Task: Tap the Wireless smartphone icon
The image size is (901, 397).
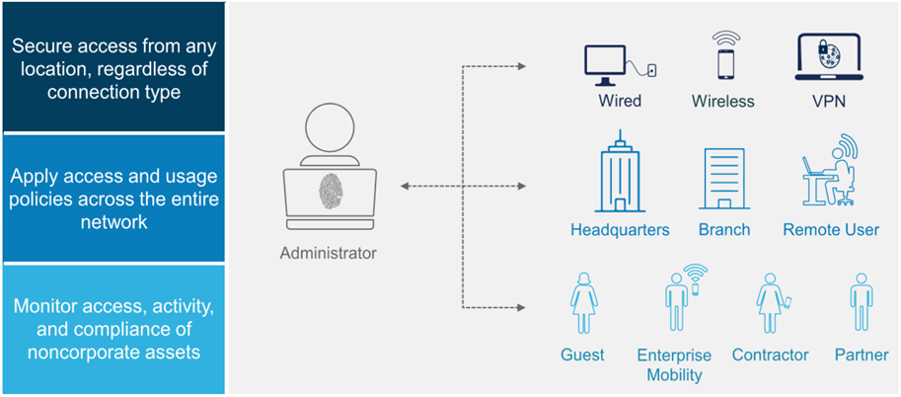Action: pyautogui.click(x=725, y=56)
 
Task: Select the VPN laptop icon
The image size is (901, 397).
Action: pyautogui.click(x=827, y=58)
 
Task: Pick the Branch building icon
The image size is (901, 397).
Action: pyautogui.click(x=724, y=179)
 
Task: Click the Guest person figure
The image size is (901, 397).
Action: pyautogui.click(x=584, y=302)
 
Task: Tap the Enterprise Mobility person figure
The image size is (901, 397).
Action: pyautogui.click(x=685, y=298)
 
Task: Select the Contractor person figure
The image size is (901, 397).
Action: pyautogui.click(x=773, y=302)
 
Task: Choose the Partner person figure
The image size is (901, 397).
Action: pyautogui.click(x=861, y=302)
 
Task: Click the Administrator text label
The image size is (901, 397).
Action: pyautogui.click(x=329, y=252)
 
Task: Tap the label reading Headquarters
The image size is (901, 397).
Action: pyautogui.click(x=620, y=230)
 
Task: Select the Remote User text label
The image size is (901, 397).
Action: pyautogui.click(x=831, y=230)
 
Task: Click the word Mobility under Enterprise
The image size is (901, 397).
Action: pyautogui.click(x=675, y=375)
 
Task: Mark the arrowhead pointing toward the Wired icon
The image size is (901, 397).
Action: pyautogui.click(x=522, y=67)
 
